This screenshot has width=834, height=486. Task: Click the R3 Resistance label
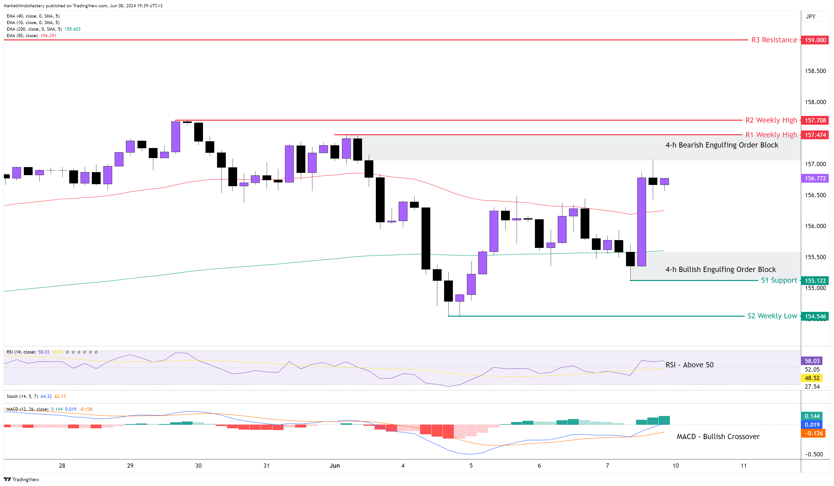774,40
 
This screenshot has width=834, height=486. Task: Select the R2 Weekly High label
771,120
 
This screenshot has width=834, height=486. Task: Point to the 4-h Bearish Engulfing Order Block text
722,145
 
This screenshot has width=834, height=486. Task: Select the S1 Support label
779,281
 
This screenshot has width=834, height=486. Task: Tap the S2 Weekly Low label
772,316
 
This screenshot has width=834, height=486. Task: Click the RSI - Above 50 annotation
689,365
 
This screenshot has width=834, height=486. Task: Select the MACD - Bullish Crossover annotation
718,437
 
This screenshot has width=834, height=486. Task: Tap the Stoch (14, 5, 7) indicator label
22,396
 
